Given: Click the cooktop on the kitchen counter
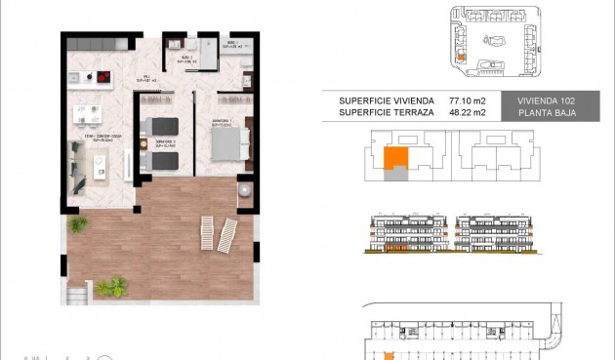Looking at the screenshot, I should (x=100, y=76).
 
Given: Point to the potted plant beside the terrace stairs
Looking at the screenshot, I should (x=111, y=286).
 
